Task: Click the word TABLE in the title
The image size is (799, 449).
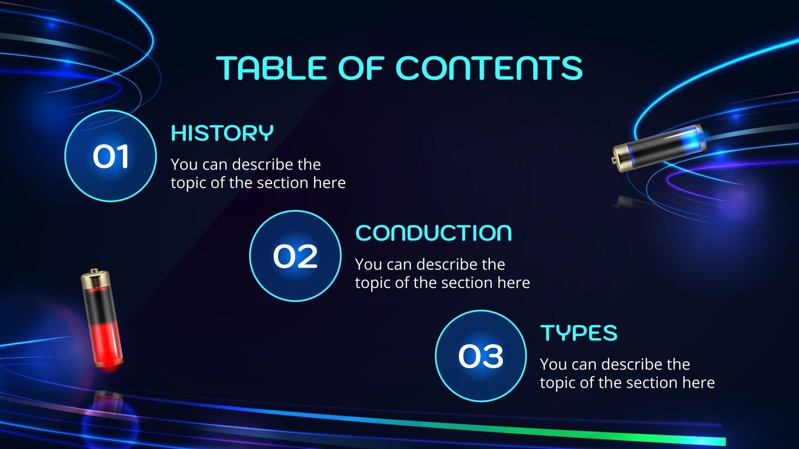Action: click(x=271, y=68)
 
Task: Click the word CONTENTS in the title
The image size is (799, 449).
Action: click(x=489, y=68)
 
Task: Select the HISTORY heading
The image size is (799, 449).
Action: click(x=222, y=133)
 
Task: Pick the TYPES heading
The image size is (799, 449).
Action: click(x=579, y=333)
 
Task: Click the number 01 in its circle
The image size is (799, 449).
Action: click(x=110, y=156)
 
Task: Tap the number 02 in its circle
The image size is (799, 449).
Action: click(x=295, y=256)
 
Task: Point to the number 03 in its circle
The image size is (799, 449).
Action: click(x=480, y=356)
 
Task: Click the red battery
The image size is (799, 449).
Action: click(x=102, y=319)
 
